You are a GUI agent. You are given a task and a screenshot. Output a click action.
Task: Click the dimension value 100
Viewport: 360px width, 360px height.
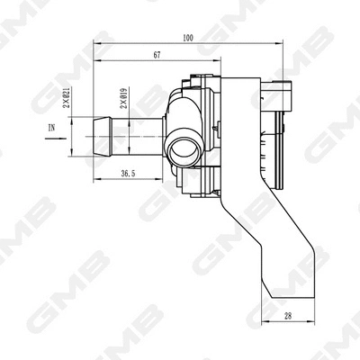[186, 38]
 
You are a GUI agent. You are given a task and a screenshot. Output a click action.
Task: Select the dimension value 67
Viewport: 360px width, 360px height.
[157, 56]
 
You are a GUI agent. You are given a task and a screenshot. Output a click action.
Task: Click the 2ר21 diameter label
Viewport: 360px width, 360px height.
[67, 103]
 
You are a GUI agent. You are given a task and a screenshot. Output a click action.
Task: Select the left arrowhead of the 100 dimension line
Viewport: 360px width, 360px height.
[98, 45]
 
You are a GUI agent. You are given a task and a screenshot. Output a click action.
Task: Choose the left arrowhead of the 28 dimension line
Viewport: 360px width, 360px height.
[264, 320]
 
